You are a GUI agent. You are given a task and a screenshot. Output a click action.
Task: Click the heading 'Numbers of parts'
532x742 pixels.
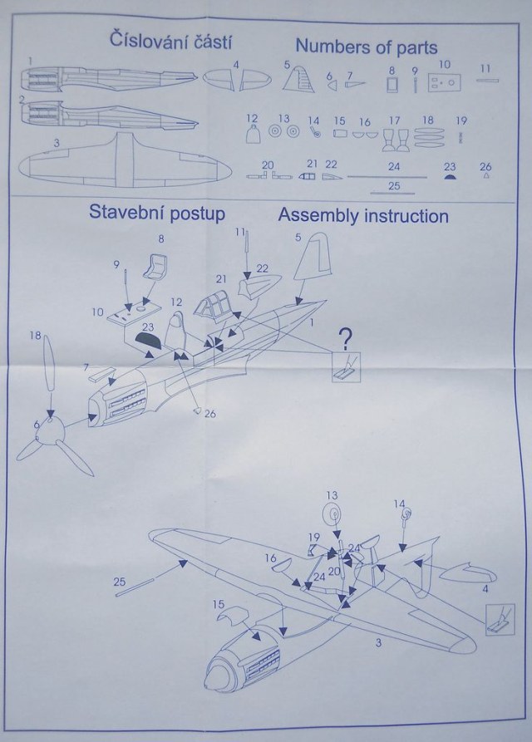[x=366, y=44]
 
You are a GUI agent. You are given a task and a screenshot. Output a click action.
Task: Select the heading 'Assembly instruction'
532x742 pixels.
[x=363, y=216]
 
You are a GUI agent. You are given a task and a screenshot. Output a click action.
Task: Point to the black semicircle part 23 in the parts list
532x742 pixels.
[x=450, y=175]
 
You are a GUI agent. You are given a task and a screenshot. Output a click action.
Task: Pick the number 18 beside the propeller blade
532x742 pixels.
[x=35, y=335]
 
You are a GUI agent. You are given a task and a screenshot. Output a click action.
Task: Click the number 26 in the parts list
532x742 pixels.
[x=486, y=165]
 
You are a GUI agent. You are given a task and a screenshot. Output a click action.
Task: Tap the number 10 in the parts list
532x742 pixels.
[x=445, y=64]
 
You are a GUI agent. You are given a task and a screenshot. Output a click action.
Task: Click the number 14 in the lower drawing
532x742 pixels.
[x=399, y=504]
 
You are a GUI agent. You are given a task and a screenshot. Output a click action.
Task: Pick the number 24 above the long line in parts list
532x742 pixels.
[x=395, y=165]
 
